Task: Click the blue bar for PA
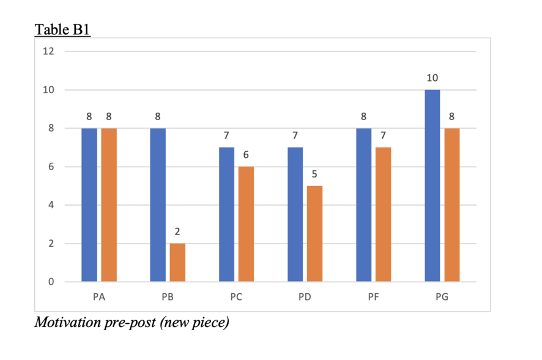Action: [x=89, y=204]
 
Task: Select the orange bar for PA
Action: [x=109, y=204]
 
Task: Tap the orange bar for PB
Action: [x=177, y=263]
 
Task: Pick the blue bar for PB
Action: [x=158, y=204]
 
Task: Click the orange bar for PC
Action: [x=246, y=224]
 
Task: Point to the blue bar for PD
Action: [x=295, y=214]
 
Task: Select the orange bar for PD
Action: [x=315, y=234]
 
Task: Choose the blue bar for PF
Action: [x=364, y=204]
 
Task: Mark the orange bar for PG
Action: [x=452, y=204]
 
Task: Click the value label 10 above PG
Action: [x=432, y=78]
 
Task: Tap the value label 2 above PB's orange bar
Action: [x=177, y=232]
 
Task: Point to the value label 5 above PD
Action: [x=315, y=174]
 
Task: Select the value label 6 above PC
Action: [x=246, y=155]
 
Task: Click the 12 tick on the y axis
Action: [x=48, y=51]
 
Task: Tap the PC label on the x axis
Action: [x=236, y=298]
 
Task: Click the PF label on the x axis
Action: [x=374, y=298]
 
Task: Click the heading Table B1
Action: [x=62, y=29]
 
